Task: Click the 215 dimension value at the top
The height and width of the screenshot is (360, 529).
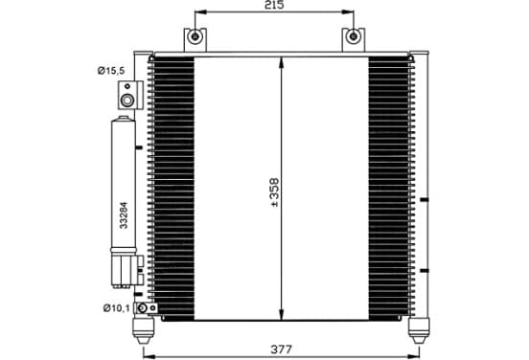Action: coord(274,5)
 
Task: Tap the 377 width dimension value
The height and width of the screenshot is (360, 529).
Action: coord(281,349)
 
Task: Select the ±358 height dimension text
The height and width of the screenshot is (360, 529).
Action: coord(275,192)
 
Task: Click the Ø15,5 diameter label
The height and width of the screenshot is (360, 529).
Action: coord(111,71)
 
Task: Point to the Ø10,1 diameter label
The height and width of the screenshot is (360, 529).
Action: coord(116,307)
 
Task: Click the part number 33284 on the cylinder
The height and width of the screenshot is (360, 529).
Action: coord(124,215)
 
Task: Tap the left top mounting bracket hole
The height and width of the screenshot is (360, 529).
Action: coord(195,36)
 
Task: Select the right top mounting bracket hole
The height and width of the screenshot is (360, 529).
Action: coord(353,36)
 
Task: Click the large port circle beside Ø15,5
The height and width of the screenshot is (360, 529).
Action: coord(127,101)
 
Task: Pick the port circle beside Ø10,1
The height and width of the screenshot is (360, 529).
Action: coord(143,308)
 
